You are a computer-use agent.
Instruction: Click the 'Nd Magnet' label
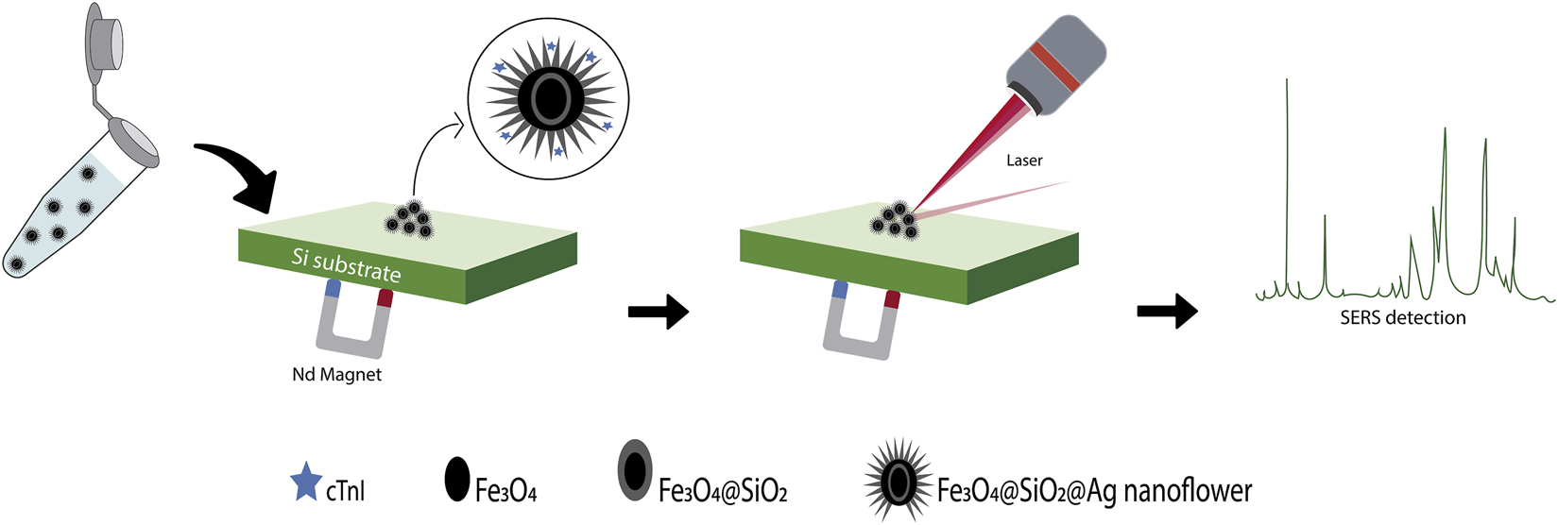(337, 375)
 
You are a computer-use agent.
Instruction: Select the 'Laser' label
(1024, 161)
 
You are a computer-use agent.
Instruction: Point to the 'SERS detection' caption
(1403, 318)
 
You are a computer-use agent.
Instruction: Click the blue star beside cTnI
(305, 483)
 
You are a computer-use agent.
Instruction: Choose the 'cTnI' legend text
(345, 491)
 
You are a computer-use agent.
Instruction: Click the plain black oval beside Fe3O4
(457, 480)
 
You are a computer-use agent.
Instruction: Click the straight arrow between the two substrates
(659, 311)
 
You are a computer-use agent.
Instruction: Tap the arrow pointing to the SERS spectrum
(1167, 311)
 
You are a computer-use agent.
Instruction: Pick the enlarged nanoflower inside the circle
(548, 98)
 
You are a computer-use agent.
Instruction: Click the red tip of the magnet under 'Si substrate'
(385, 298)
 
